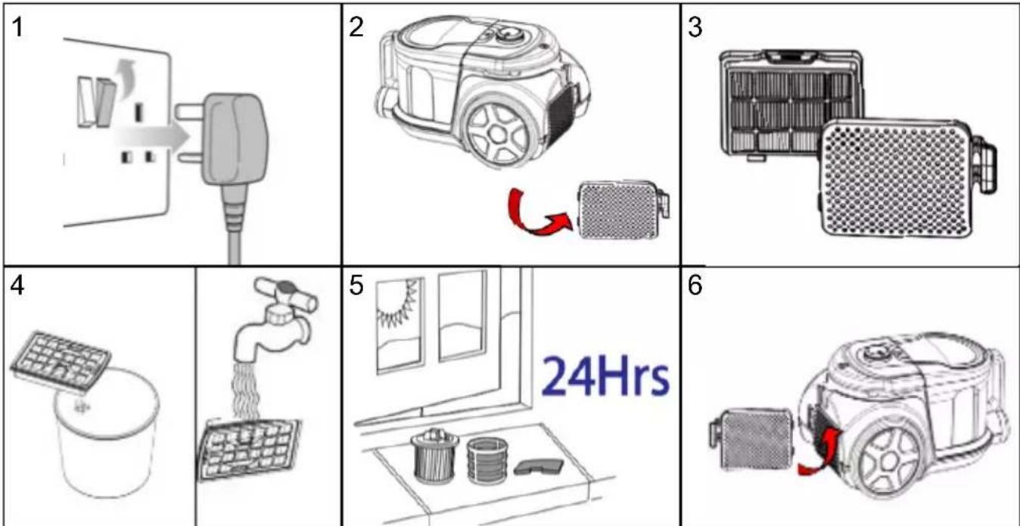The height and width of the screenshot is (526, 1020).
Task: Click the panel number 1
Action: click(17, 27)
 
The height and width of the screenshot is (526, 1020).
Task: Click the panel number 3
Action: click(695, 27)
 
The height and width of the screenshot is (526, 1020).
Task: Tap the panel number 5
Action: click(356, 286)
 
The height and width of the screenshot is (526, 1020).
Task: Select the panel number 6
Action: click(695, 286)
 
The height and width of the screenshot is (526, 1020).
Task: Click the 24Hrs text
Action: click(605, 377)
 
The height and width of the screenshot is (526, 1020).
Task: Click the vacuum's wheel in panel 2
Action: click(498, 132)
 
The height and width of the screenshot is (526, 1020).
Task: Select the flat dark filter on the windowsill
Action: click(539, 466)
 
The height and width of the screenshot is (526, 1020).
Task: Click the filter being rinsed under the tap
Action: click(249, 449)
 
